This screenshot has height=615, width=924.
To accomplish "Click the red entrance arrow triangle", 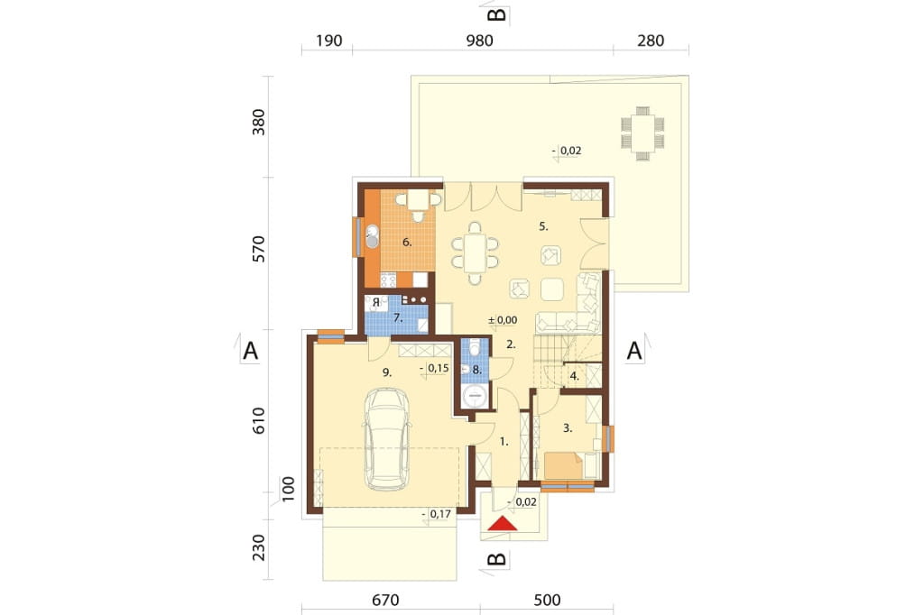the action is tap(503, 524).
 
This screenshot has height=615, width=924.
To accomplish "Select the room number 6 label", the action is tap(407, 242).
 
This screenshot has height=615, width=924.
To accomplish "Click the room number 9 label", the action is tap(387, 372).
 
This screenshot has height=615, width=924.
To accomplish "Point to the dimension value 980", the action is tap(479, 41).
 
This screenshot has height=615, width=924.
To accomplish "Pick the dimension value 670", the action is tap(385, 601).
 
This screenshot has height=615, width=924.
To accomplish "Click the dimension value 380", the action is tap(259, 122).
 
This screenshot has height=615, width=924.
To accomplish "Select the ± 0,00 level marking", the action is tap(503, 320).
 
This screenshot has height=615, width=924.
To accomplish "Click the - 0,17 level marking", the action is tap(437, 514).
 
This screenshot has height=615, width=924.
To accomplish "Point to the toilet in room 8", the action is tap(475, 347).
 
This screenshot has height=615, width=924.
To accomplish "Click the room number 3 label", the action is tap(568, 429).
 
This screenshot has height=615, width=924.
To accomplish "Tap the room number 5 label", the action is tap(543, 226).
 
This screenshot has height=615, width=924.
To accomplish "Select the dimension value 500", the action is tap(547, 601).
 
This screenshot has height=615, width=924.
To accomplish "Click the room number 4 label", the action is tap(575, 376).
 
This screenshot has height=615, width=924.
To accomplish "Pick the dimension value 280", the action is tap(651, 41).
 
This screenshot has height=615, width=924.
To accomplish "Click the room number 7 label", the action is tap(398, 318).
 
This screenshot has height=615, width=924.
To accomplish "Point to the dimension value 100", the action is tap(288, 489).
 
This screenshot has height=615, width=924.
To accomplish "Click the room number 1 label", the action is tap(504, 441).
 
